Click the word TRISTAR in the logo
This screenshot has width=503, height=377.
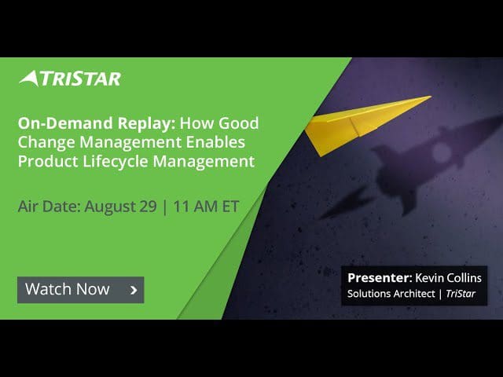click(80, 79)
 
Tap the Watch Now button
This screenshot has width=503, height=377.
click(80, 290)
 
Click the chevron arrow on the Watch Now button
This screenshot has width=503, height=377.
click(134, 290)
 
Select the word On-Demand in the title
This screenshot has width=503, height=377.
click(65, 123)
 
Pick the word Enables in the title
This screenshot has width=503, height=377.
click(215, 142)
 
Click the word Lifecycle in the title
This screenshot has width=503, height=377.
click(116, 161)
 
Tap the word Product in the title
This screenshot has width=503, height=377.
click(48, 161)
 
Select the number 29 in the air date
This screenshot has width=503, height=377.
click(148, 206)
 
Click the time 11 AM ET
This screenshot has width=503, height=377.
click(206, 206)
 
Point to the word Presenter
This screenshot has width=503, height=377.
click(378, 277)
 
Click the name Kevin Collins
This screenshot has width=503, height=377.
click(448, 277)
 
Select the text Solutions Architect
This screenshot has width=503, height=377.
click(391, 293)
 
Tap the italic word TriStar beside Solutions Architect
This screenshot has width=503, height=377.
click(461, 293)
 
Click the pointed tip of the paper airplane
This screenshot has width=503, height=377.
click(431, 96)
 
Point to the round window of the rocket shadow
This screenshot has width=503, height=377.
click(442, 152)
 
